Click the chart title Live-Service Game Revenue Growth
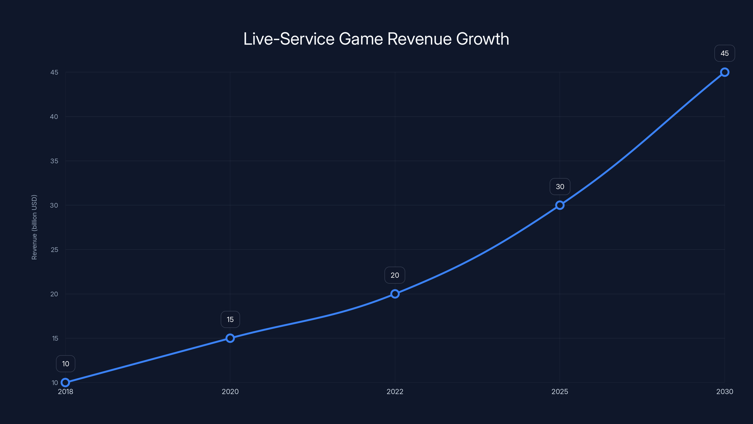[x=376, y=39]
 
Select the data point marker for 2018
[x=65, y=383]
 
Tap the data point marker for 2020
[x=230, y=338]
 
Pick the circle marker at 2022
[x=395, y=294]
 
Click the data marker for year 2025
[x=560, y=205]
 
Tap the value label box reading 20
[x=395, y=275]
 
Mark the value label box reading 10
[x=65, y=364]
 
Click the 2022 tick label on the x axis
[x=395, y=391]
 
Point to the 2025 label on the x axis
[x=560, y=391]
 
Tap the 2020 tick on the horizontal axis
[x=230, y=391]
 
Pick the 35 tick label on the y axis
[x=54, y=161]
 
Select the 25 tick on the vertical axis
[x=54, y=250]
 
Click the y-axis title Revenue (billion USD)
[x=34, y=227]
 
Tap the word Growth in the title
[x=482, y=39]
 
